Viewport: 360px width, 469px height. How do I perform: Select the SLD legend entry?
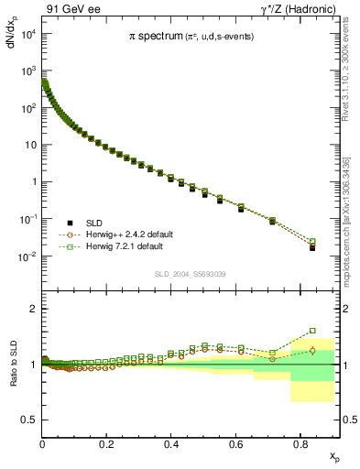tap(94, 223)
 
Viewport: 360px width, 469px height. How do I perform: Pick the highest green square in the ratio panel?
tap(312, 331)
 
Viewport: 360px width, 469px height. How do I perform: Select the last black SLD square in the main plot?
tap(312, 247)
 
